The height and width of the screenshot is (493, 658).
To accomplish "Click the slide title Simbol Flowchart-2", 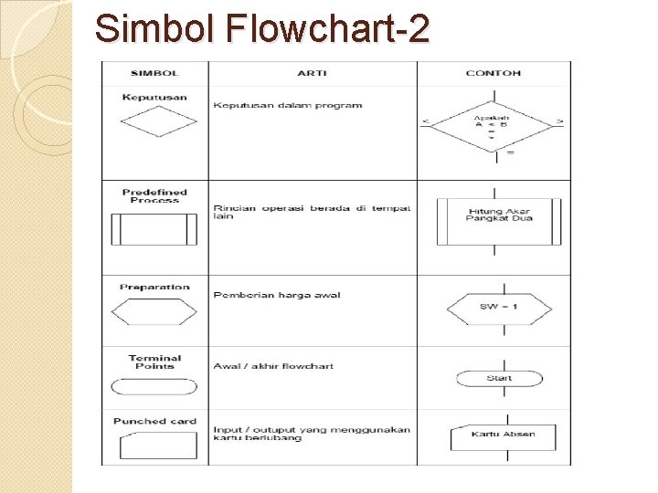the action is pyautogui.click(x=261, y=29).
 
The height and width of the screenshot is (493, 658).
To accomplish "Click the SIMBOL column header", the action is pyautogui.click(x=154, y=73).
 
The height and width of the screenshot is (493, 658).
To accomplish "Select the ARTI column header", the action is pyautogui.click(x=313, y=73).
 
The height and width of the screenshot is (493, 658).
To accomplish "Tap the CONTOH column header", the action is pyautogui.click(x=493, y=73).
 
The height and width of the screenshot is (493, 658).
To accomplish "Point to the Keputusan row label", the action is pyautogui.click(x=154, y=98).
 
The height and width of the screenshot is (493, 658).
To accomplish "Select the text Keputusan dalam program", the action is pyautogui.click(x=288, y=105).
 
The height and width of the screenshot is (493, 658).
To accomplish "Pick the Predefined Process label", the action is pyautogui.click(x=154, y=195).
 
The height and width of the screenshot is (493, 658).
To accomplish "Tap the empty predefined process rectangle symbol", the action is pyautogui.click(x=154, y=228).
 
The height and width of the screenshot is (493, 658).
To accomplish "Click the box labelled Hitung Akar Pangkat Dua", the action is pyautogui.click(x=499, y=219).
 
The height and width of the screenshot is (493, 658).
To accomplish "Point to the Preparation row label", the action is pyautogui.click(x=154, y=287).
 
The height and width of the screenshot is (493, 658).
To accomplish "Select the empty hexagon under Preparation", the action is pyautogui.click(x=154, y=311).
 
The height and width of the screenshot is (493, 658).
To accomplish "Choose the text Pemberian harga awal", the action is pyautogui.click(x=277, y=295).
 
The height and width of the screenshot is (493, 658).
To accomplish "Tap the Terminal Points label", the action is pyautogui.click(x=154, y=362).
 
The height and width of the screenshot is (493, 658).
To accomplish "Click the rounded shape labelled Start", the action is pyautogui.click(x=499, y=378).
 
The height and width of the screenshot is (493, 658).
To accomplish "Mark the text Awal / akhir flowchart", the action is pyautogui.click(x=273, y=366).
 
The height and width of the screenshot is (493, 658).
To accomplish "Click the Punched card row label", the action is pyautogui.click(x=154, y=421).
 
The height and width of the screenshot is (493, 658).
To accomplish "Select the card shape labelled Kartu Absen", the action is pyautogui.click(x=503, y=436).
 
